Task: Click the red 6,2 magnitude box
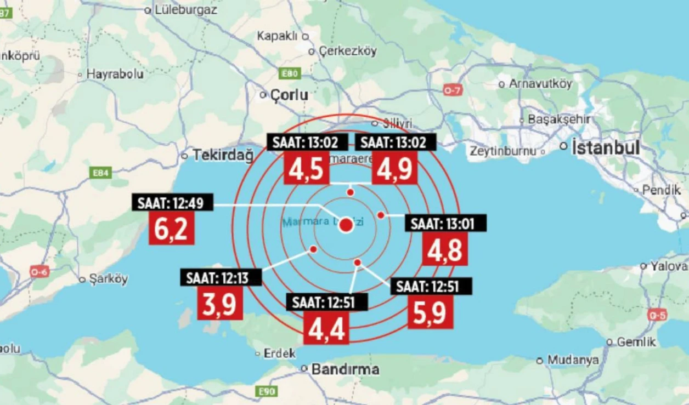coord(172,229)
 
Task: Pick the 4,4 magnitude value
coord(326,328)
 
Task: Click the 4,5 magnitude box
coord(306,168)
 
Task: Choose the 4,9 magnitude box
coord(394,168)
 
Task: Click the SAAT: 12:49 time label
coord(172,203)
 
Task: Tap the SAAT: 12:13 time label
coord(221,278)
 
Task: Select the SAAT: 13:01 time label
coord(445,224)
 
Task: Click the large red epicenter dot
coord(346,225)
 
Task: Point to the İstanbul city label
coord(605,147)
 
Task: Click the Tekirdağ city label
coord(223,155)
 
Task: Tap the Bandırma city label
coord(345,369)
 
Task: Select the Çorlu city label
coord(290,95)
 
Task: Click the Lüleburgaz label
coord(185,9)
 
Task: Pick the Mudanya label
coord(573,360)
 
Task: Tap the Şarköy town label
coord(108,279)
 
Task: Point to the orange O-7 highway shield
coord(451,91)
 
